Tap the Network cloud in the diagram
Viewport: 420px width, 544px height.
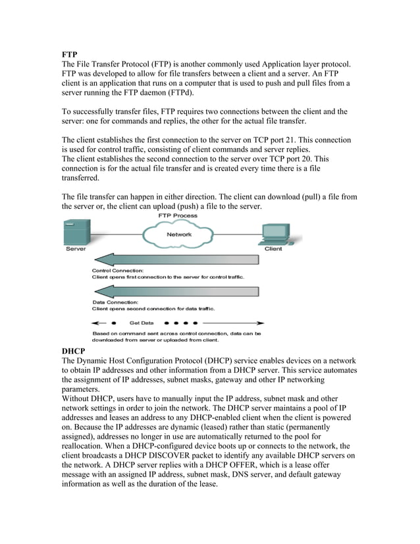click(179, 234)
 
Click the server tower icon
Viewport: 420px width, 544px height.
click(74, 232)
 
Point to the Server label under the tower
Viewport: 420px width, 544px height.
click(74, 250)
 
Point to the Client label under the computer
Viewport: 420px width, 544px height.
click(273, 250)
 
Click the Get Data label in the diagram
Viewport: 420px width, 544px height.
click(142, 323)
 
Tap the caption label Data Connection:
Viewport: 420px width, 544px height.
click(111, 302)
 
